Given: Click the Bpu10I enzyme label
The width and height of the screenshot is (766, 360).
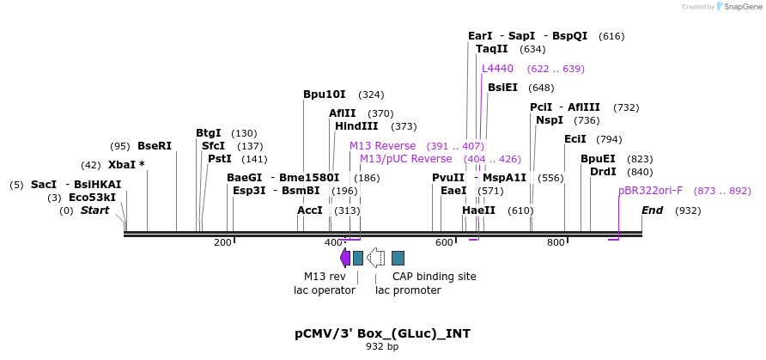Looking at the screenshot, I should click(x=325, y=95).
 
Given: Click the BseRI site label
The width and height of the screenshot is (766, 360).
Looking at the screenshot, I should click(x=155, y=146).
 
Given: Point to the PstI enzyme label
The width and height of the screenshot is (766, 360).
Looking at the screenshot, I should click(x=220, y=159).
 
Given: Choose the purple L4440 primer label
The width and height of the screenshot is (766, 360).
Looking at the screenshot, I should click(x=497, y=69).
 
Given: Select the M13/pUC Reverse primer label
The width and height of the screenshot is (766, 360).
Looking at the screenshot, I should click(x=405, y=159).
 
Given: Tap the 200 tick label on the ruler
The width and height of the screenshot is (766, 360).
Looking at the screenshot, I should click(x=222, y=243).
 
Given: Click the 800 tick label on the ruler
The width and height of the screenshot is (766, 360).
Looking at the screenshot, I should click(x=556, y=243).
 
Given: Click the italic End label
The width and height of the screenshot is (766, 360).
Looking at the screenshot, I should click(x=652, y=211).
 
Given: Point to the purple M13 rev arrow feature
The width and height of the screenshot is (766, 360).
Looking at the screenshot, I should click(x=345, y=258).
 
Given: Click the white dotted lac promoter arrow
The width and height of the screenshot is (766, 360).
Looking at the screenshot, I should click(x=375, y=258).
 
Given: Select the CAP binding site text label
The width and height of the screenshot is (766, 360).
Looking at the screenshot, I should click(x=434, y=277).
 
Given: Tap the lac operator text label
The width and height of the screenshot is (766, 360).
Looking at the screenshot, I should click(x=325, y=290).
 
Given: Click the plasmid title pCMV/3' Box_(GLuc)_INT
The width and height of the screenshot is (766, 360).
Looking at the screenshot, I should click(x=382, y=333).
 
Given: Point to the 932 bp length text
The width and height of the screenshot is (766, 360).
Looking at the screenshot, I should click(x=382, y=347).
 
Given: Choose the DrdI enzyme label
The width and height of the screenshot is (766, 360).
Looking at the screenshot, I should click(x=603, y=172).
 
